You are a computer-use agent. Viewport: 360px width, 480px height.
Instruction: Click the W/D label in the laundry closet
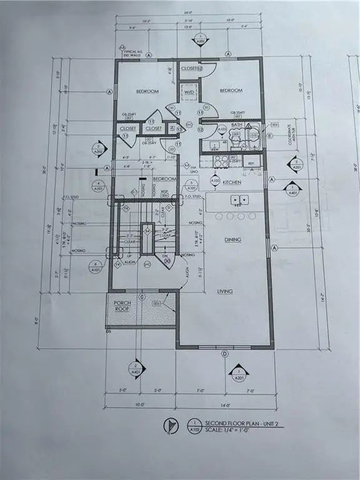click(188, 93)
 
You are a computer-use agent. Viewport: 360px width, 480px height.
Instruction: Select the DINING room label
click(234, 239)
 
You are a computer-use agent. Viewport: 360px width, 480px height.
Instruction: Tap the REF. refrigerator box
click(252, 165)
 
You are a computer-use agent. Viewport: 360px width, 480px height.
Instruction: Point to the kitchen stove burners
click(221, 159)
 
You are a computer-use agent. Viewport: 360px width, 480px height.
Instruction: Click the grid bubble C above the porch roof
click(142, 297)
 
